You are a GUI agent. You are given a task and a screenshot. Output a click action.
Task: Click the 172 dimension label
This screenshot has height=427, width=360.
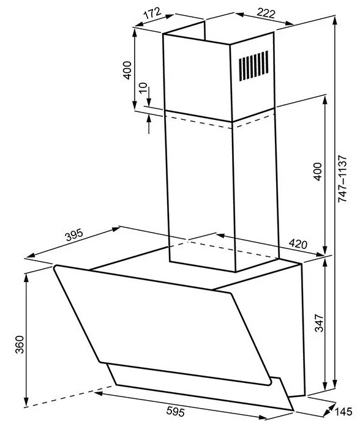pyautogui.click(x=153, y=13)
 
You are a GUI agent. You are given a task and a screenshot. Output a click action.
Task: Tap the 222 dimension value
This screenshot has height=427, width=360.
pyautogui.click(x=266, y=13)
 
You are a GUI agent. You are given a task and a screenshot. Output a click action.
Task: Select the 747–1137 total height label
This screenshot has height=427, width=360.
pyautogui.click(x=342, y=179)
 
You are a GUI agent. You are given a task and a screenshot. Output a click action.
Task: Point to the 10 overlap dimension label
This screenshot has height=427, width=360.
pyautogui.click(x=143, y=87)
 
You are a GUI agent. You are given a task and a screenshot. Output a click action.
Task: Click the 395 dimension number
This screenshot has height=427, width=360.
pyautogui.click(x=74, y=235)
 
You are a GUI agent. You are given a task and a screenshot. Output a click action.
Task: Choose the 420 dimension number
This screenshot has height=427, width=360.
pyautogui.click(x=298, y=243)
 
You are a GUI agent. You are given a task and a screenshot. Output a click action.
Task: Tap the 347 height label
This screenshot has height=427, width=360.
pyautogui.click(x=319, y=323)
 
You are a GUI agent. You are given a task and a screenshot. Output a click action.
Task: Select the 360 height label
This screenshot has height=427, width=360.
pyautogui.click(x=20, y=344)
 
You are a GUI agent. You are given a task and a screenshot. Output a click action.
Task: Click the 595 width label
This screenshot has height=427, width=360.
pyautogui.click(x=176, y=411)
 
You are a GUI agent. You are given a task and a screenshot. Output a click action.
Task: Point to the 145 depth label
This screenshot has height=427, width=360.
pyautogui.click(x=343, y=411)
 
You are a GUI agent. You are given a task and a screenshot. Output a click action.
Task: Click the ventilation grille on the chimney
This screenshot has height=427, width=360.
pyautogui.click(x=253, y=66)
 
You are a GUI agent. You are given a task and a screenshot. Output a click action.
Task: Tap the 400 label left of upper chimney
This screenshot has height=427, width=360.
pyautogui.click(x=127, y=70)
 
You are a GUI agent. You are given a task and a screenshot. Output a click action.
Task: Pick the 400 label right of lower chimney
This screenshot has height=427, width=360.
pyautogui.click(x=318, y=171)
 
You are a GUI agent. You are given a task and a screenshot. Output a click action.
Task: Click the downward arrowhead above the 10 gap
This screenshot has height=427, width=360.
pyautogui.click(x=149, y=103)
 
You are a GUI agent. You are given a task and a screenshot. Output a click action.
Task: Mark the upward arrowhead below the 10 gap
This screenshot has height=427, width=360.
pyautogui.click(x=149, y=119)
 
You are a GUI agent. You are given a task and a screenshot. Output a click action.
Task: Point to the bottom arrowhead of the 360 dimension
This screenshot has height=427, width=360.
pyautogui.click(x=26, y=402)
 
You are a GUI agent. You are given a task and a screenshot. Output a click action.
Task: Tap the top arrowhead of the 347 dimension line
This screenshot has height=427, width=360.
pyautogui.click(x=325, y=263)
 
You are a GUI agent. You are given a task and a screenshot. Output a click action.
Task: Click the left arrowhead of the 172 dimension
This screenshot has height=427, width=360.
pyautogui.click(x=139, y=24)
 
